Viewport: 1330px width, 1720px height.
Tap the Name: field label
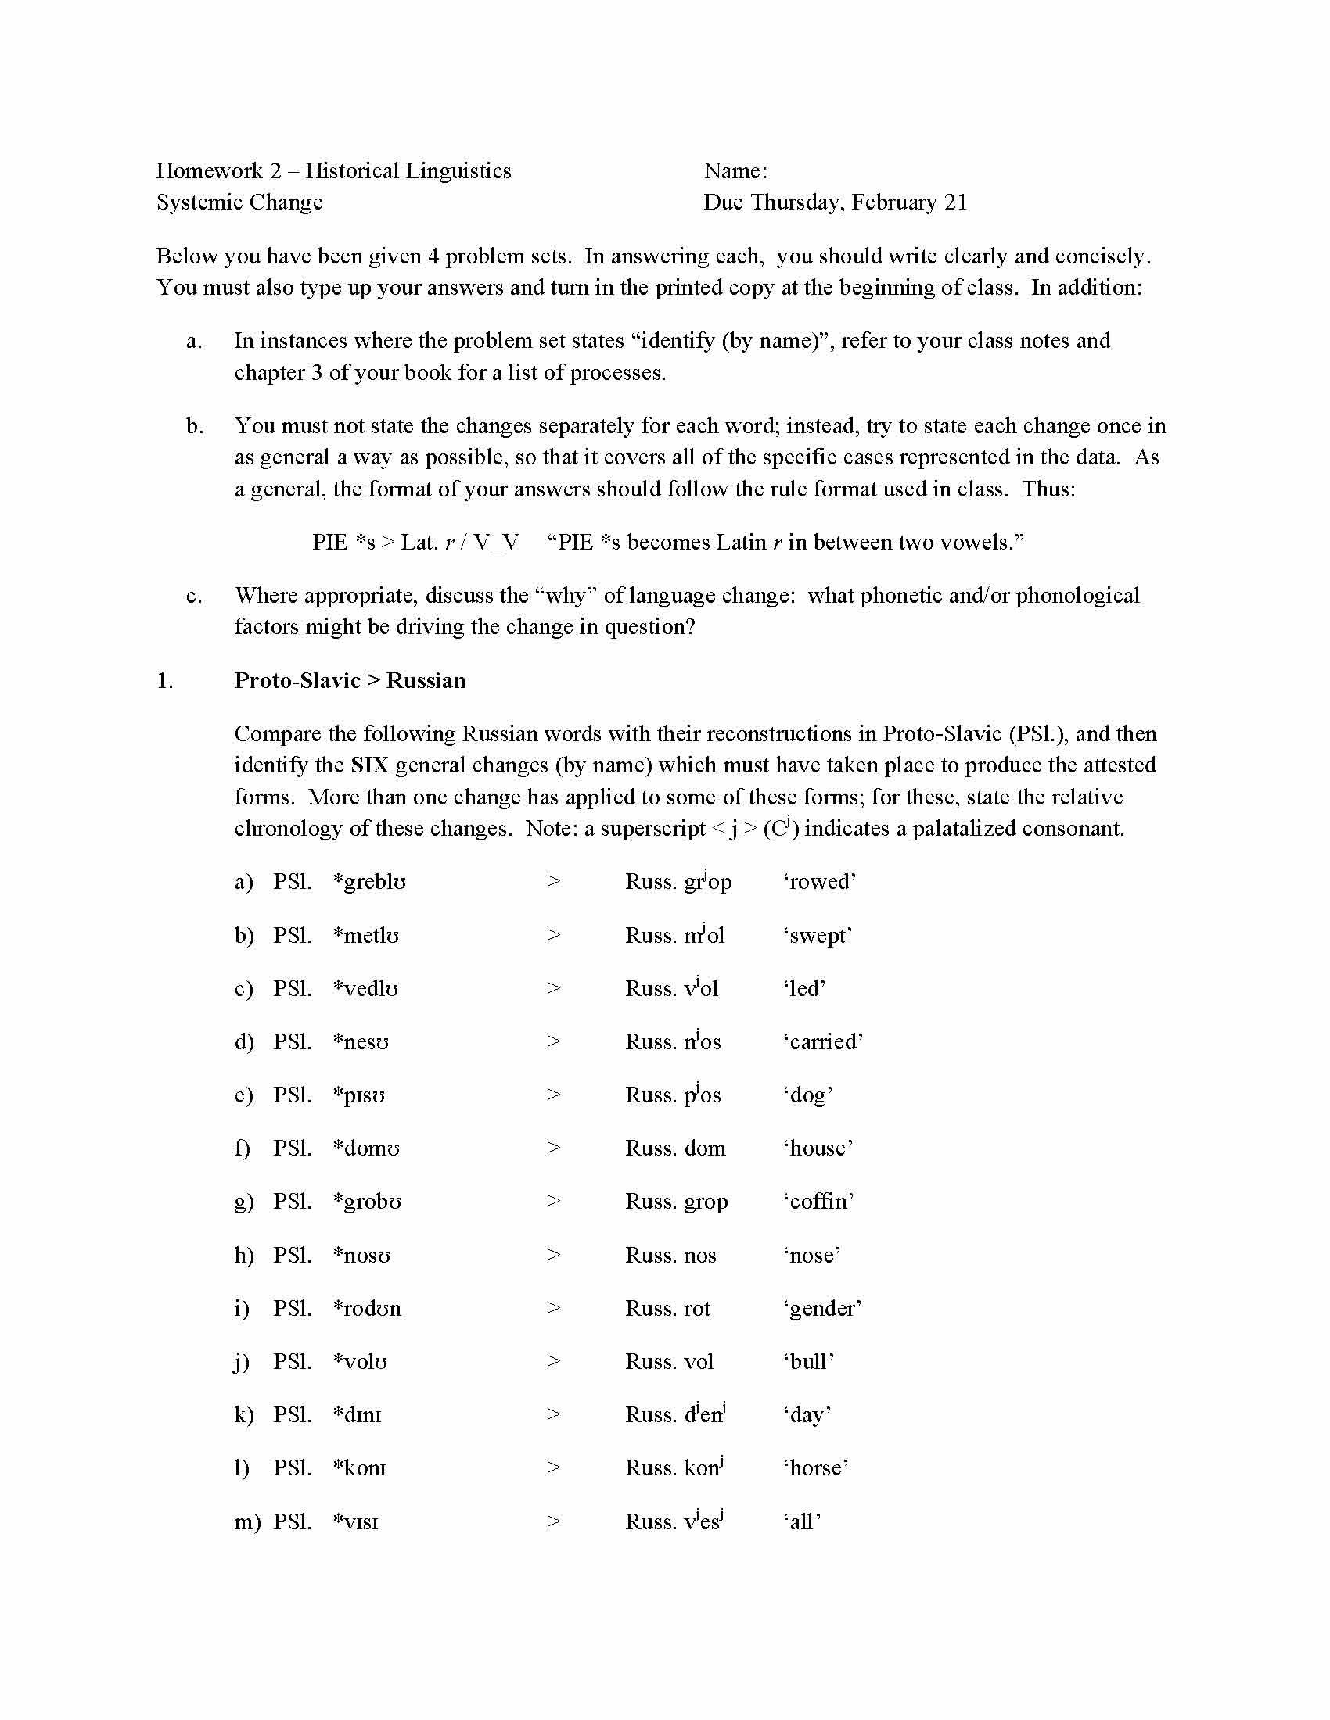[735, 171]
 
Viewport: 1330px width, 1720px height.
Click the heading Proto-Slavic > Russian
[350, 680]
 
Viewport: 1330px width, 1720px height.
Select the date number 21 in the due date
[955, 202]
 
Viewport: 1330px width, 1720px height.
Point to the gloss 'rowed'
[819, 881]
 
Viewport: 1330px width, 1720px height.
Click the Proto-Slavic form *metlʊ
[365, 936]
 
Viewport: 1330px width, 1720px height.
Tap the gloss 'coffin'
[818, 1201]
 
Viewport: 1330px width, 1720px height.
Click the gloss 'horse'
[815, 1468]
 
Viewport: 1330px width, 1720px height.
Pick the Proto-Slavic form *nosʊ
[361, 1256]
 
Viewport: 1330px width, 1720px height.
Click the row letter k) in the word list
[243, 1415]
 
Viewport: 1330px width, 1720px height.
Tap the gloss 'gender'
[821, 1309]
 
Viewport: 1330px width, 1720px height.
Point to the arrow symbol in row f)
[553, 1148]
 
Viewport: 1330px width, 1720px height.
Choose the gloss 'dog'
[807, 1095]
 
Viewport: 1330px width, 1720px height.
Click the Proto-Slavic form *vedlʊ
[365, 989]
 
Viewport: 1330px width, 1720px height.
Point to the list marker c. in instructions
[194, 597]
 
